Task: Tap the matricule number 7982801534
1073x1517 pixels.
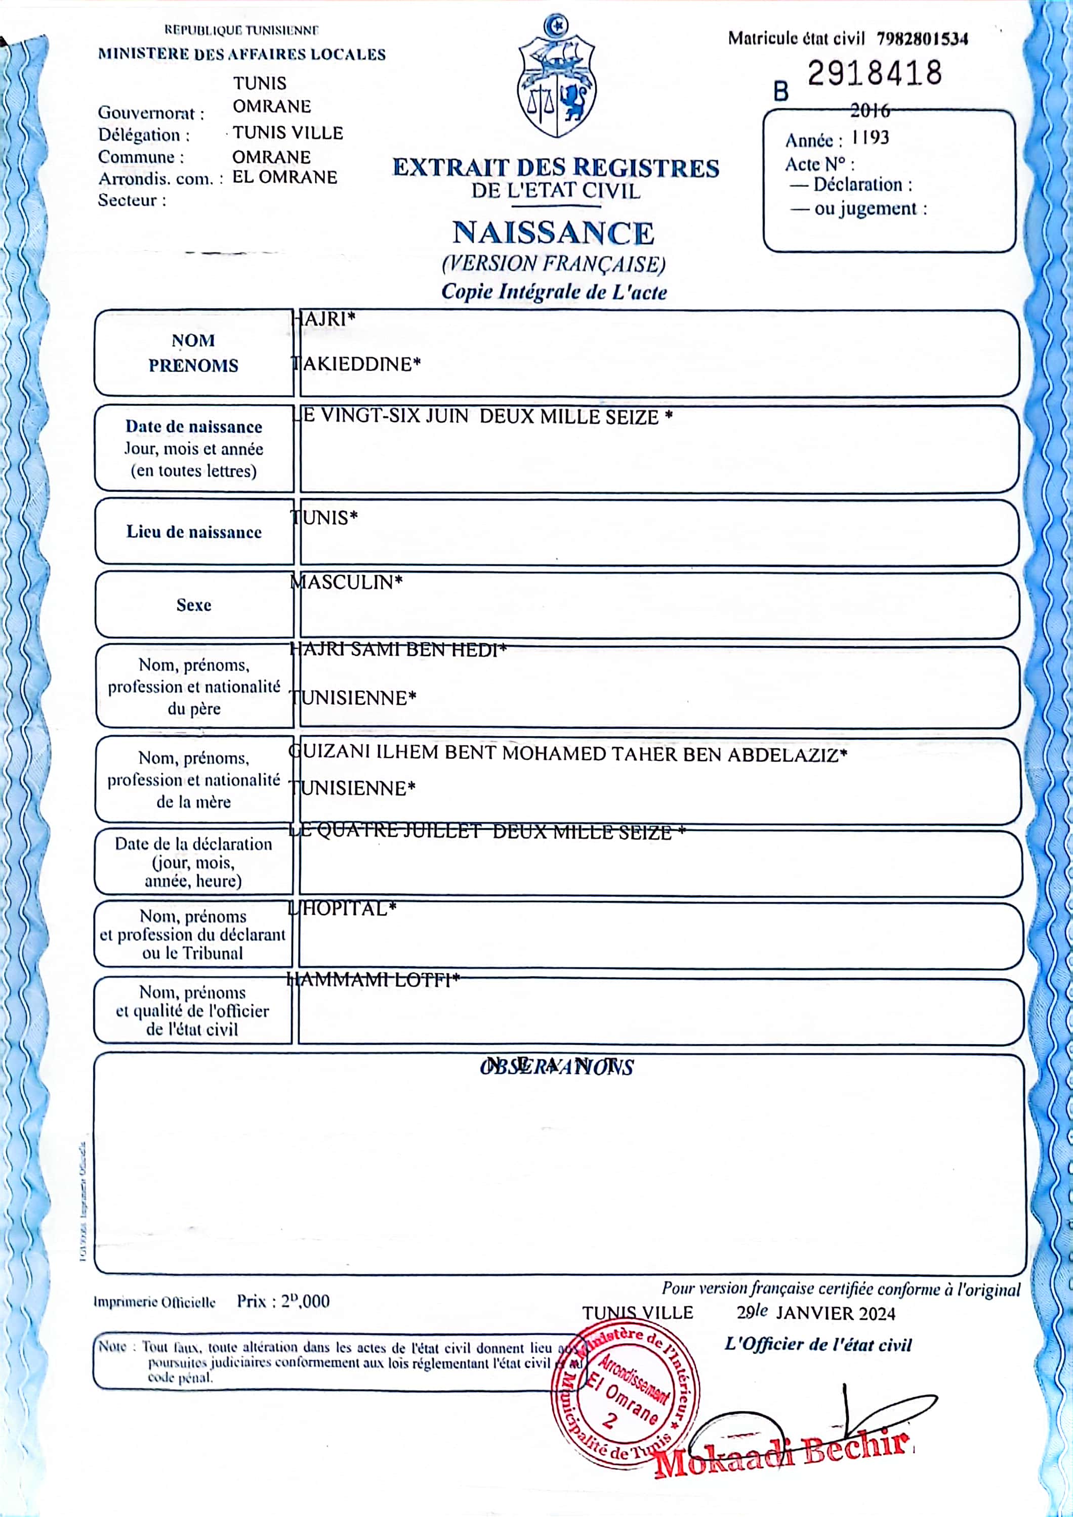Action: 922,39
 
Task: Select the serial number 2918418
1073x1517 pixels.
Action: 874,73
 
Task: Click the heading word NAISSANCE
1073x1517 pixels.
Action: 553,233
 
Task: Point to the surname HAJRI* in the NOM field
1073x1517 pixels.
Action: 323,319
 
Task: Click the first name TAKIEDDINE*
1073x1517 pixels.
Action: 357,364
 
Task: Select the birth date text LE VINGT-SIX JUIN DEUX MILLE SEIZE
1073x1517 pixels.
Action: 483,417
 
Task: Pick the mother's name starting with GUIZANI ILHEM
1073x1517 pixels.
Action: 568,754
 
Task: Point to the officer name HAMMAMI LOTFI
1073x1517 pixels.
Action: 373,980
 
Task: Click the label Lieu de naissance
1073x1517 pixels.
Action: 194,532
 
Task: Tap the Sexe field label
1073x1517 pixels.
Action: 194,605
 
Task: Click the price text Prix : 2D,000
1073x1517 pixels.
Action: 283,1301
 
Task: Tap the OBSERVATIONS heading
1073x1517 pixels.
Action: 557,1067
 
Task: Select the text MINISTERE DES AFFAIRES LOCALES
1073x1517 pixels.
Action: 241,54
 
